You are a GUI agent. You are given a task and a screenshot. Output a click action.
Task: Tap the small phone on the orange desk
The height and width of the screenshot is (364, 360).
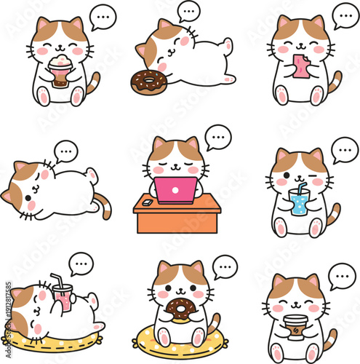click(x=148, y=202)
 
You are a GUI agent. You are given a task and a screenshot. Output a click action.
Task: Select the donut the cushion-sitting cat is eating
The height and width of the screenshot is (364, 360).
click(x=177, y=311)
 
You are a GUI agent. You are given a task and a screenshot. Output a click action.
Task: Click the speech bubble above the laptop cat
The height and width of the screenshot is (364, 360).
click(x=217, y=136)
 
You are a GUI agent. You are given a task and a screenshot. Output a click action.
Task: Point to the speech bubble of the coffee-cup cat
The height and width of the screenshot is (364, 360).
click(x=340, y=275)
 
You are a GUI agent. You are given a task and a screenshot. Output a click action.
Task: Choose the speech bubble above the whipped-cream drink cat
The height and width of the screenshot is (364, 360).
click(x=101, y=16)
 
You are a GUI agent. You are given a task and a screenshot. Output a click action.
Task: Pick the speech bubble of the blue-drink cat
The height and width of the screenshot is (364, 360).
click(x=344, y=149)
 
